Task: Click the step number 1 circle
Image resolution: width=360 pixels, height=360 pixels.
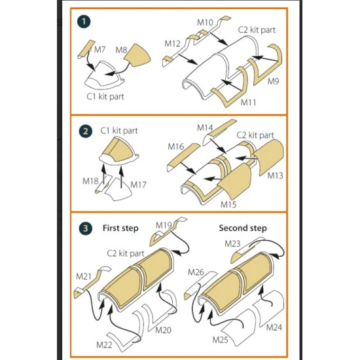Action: pyautogui.click(x=84, y=22)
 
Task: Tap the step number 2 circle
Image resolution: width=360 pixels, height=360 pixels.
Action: pyautogui.click(x=85, y=132)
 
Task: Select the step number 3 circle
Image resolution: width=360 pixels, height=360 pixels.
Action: pyautogui.click(x=85, y=228)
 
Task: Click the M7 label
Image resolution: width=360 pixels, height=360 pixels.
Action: pyautogui.click(x=99, y=50)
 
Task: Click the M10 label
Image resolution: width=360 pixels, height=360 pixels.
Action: pyautogui.click(x=205, y=22)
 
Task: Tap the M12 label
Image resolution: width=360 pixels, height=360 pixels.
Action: pyautogui.click(x=172, y=43)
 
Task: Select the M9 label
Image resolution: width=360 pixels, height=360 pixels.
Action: pyautogui.click(x=273, y=81)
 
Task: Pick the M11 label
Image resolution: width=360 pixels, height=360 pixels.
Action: pyautogui.click(x=248, y=102)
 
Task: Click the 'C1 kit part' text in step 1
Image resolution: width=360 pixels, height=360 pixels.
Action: pyautogui.click(x=105, y=96)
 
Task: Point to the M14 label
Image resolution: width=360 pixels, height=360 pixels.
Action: pyautogui.click(x=205, y=128)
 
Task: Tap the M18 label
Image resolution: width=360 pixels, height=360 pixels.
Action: pyautogui.click(x=90, y=181)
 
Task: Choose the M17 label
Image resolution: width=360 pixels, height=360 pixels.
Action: pyautogui.click(x=138, y=185)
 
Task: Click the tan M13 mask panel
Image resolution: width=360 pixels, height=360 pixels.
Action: pyautogui.click(x=268, y=156)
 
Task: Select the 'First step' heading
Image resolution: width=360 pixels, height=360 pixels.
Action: pyautogui.click(x=120, y=228)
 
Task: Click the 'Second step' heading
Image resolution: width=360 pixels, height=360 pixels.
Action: pyautogui.click(x=243, y=228)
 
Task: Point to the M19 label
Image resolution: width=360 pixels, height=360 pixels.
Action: pyautogui.click(x=164, y=225)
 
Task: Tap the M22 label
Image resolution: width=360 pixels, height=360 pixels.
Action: pyautogui.click(x=104, y=344)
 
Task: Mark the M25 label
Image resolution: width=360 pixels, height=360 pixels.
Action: pyautogui.click(x=220, y=340)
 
